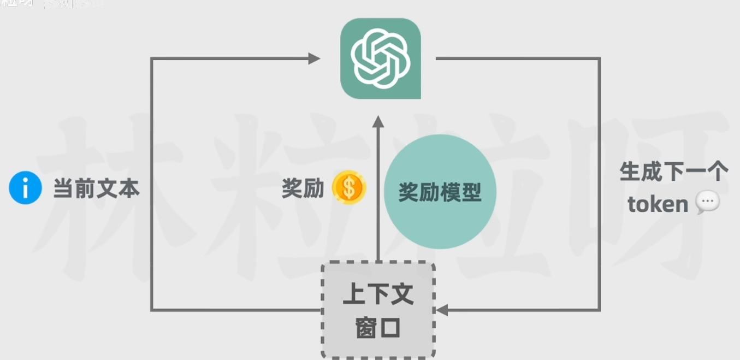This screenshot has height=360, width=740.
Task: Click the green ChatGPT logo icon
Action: (x=380, y=58)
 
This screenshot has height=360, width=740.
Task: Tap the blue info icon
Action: (x=25, y=188)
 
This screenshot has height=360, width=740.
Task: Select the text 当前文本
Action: (x=96, y=189)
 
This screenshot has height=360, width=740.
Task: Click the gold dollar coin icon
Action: (x=349, y=188)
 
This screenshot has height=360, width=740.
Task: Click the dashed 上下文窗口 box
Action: (x=378, y=310)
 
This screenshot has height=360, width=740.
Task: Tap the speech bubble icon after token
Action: (x=708, y=203)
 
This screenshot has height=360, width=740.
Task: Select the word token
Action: (x=658, y=204)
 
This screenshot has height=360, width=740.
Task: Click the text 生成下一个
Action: (x=674, y=172)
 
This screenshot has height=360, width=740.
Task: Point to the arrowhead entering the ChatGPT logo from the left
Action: (x=314, y=58)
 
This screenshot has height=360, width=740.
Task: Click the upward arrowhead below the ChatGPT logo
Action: (x=378, y=122)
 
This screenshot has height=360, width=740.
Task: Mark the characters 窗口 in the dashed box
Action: (x=378, y=328)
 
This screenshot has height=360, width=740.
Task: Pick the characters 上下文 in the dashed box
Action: (x=378, y=295)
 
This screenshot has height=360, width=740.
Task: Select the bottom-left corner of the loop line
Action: (x=152, y=310)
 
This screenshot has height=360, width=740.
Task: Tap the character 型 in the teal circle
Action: (x=470, y=192)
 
